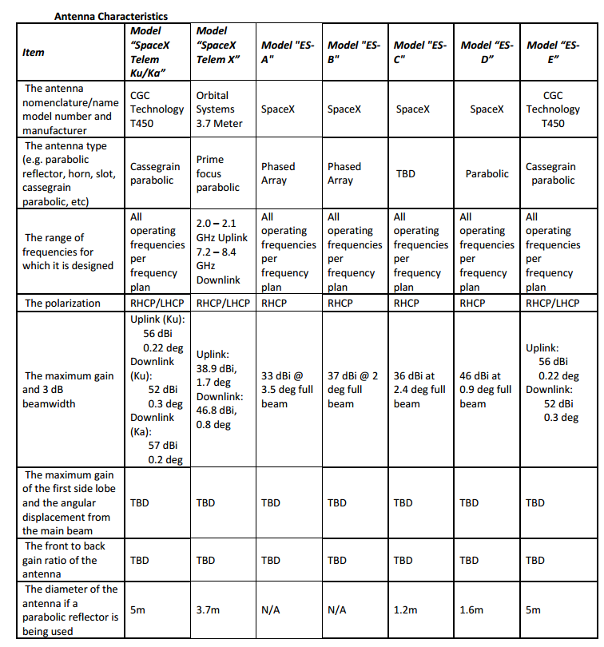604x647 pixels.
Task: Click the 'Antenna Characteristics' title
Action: coord(110,16)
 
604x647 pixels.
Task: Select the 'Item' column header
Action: coord(34,53)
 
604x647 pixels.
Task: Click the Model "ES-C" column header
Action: coord(419,53)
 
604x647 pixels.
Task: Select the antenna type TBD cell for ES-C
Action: coord(405,173)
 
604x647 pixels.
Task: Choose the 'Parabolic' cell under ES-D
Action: coord(487,173)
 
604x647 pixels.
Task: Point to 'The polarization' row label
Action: coord(63,304)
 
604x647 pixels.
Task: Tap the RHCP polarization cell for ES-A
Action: coord(274,304)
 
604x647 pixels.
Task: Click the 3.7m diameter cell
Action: coord(207,610)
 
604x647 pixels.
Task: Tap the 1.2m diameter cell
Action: coord(405,610)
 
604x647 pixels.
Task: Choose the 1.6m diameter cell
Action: coord(471,610)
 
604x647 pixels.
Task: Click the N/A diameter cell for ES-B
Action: coord(336,610)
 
